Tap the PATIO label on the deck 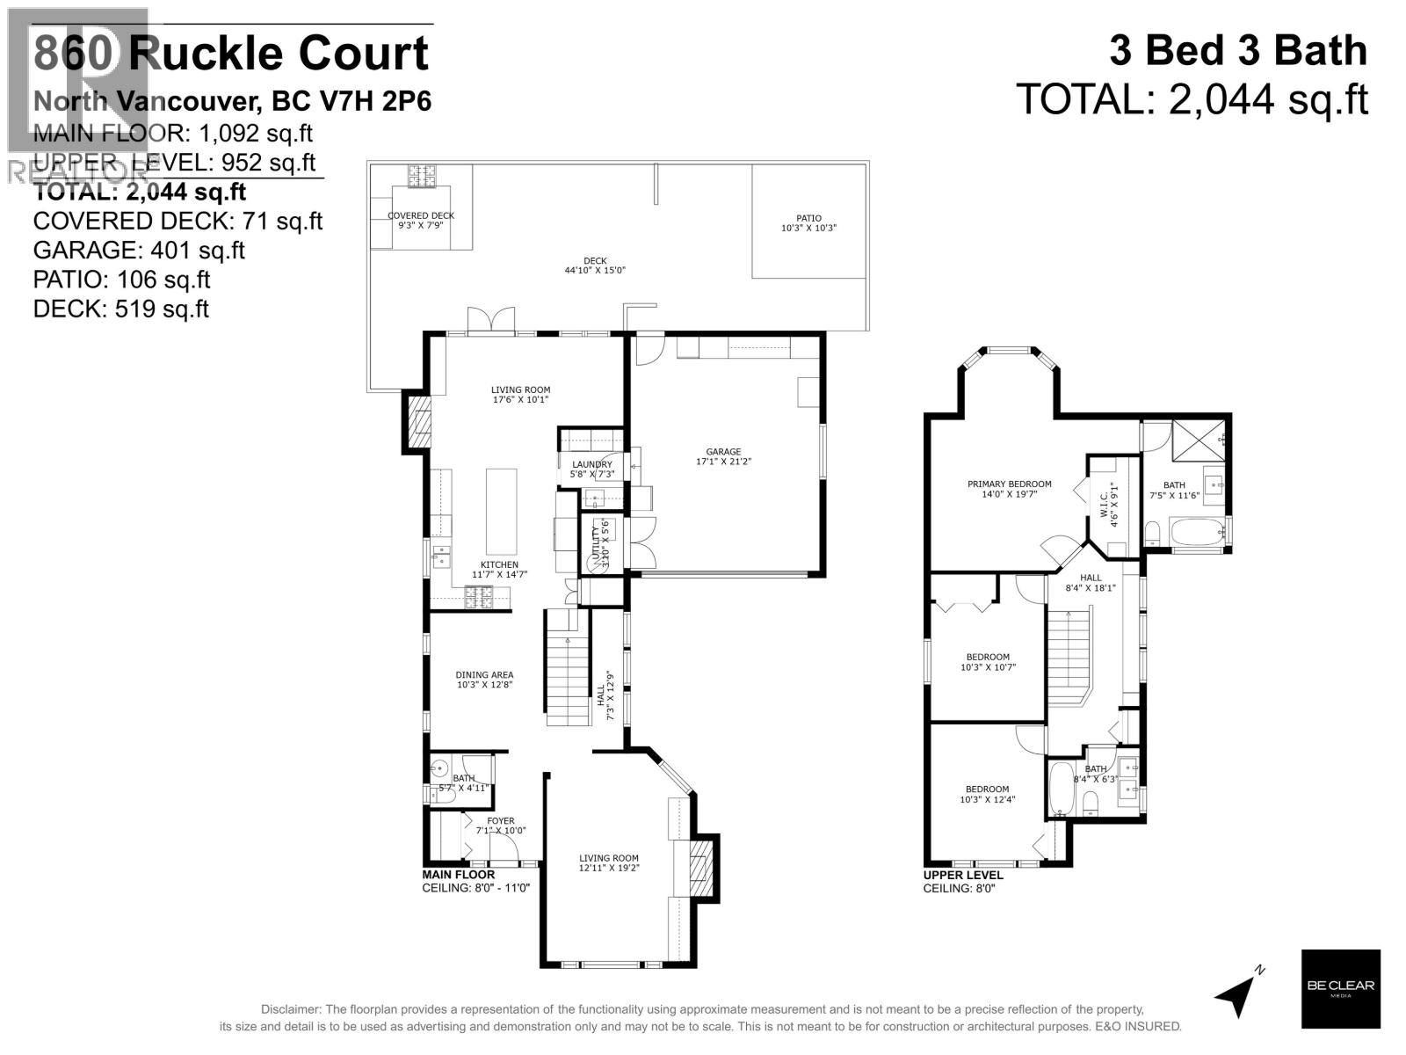click(808, 218)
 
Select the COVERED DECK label click(421, 215)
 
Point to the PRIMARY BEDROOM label click(1009, 484)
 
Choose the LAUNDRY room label click(591, 464)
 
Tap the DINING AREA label click(484, 675)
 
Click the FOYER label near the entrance click(500, 821)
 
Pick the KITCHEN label click(498, 564)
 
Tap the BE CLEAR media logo click(1340, 989)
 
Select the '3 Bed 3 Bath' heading click(1238, 51)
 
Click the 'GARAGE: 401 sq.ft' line click(139, 251)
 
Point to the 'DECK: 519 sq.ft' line click(121, 309)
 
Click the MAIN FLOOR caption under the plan click(458, 875)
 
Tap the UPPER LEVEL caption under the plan click(962, 875)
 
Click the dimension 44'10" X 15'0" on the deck click(595, 270)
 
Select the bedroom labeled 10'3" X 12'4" click(987, 799)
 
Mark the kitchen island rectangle click(501, 511)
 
